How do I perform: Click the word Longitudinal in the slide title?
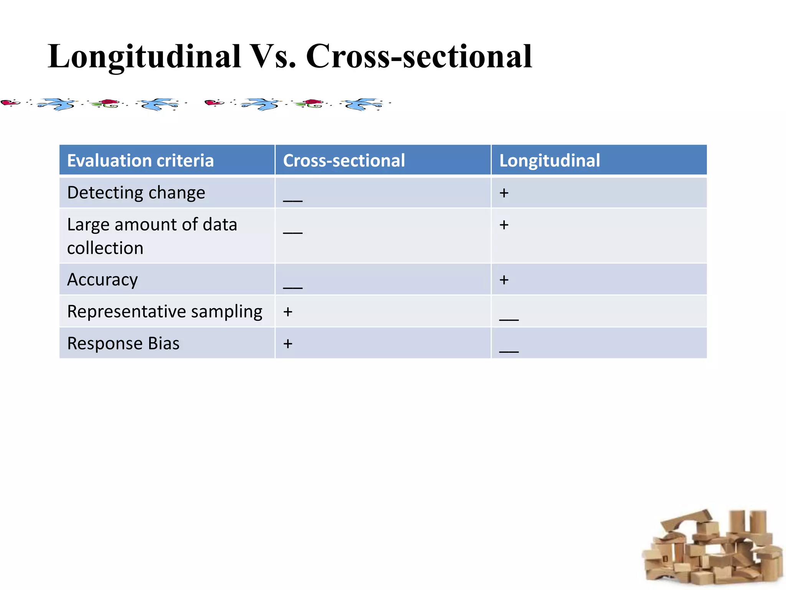pyautogui.click(x=144, y=57)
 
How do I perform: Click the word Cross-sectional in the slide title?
pyautogui.click(x=419, y=57)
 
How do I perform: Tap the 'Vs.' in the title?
pyautogui.click(x=273, y=57)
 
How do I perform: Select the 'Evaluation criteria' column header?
pyautogui.click(x=140, y=161)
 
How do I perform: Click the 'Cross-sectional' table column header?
pyautogui.click(x=344, y=161)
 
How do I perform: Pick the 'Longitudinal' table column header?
pyautogui.click(x=550, y=161)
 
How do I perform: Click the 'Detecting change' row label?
pyautogui.click(x=136, y=192)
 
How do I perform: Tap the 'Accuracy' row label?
pyautogui.click(x=102, y=280)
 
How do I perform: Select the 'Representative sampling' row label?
pyautogui.click(x=165, y=312)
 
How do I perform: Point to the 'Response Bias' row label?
pyautogui.click(x=123, y=343)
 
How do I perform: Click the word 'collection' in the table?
pyautogui.click(x=105, y=248)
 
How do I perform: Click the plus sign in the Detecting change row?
pyautogui.click(x=504, y=193)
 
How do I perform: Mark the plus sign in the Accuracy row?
pyautogui.click(x=504, y=280)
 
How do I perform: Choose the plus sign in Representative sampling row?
pyautogui.click(x=288, y=312)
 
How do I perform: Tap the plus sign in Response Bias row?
pyautogui.click(x=288, y=344)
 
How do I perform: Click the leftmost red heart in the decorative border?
pyautogui.click(x=10, y=103)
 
